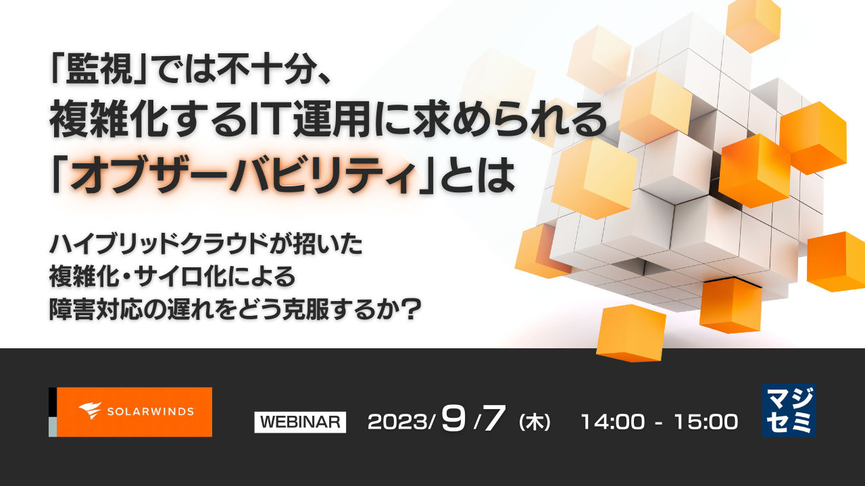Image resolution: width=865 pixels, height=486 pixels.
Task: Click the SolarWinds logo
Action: tap(134, 412)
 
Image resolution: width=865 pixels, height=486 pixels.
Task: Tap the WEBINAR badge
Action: tap(300, 422)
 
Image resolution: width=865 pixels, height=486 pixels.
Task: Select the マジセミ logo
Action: tap(789, 410)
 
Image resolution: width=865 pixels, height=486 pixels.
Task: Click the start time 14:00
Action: tap(612, 422)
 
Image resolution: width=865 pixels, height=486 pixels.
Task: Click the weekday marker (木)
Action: tap(534, 423)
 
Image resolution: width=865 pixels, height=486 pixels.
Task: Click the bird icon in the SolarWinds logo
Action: tap(90, 411)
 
